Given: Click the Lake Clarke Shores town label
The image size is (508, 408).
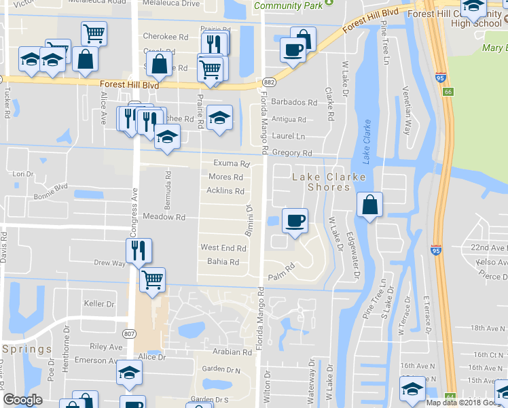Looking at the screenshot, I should tap(329, 182).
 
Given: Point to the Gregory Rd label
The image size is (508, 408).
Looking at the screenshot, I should tap(291, 154).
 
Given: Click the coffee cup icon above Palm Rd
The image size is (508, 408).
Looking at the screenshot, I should tap(295, 220).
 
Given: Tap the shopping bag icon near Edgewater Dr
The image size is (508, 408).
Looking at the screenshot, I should tap(369, 205).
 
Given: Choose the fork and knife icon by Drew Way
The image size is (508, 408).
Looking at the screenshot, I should tap(139, 250).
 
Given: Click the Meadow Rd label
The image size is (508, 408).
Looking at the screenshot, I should tap(164, 217).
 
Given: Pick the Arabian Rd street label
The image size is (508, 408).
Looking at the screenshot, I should tap(232, 352).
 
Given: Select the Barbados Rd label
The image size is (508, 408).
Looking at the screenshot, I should tap(294, 103).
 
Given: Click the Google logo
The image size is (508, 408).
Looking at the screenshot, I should tap(22, 399).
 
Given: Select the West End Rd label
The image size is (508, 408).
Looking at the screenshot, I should tap(223, 248).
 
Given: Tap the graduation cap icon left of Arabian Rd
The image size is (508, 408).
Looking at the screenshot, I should tap(129, 372).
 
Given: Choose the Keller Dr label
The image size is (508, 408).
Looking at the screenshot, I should tap(98, 303).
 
